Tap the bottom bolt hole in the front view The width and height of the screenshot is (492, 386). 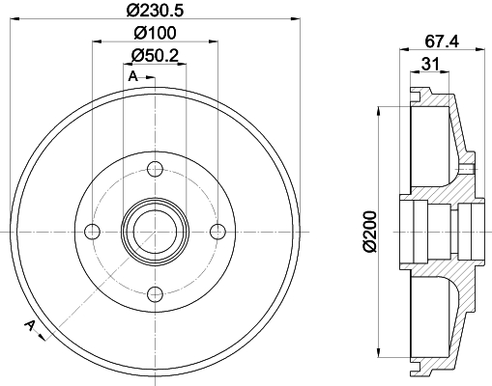155,293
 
